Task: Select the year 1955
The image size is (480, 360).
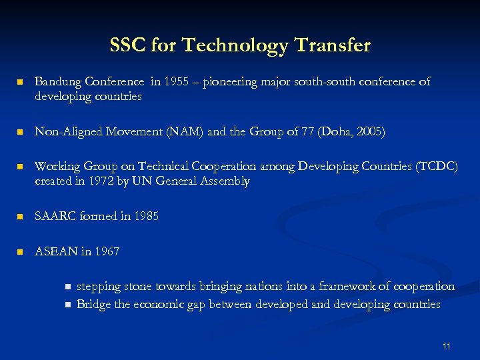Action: click(x=177, y=82)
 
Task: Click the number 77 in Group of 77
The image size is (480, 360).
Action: click(x=313, y=132)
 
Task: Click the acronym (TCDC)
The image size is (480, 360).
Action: click(x=436, y=167)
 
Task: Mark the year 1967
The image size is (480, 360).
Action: click(x=107, y=251)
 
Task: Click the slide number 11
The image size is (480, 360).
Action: click(x=447, y=346)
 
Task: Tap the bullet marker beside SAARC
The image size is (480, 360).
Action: click(x=21, y=217)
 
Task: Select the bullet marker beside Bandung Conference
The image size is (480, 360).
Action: click(x=21, y=83)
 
